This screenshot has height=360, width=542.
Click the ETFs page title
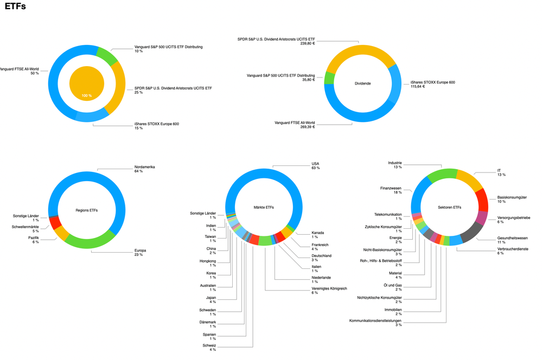15,7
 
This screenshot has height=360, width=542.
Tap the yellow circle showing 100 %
87,83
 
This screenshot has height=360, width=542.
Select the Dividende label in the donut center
362,83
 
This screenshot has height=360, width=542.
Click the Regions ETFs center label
87,210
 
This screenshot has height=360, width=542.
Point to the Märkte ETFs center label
264,207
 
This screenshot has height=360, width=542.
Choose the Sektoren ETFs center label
449,207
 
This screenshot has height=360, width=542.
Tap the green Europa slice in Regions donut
90,242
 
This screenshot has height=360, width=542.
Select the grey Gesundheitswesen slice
470,232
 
